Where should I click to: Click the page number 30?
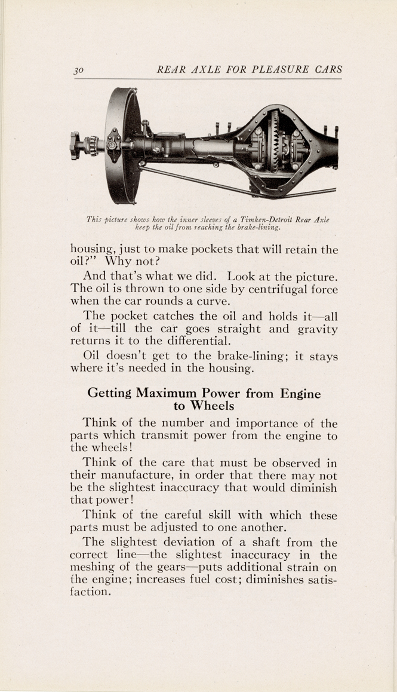[x=77, y=69]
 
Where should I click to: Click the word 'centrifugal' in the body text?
[x=241, y=290]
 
